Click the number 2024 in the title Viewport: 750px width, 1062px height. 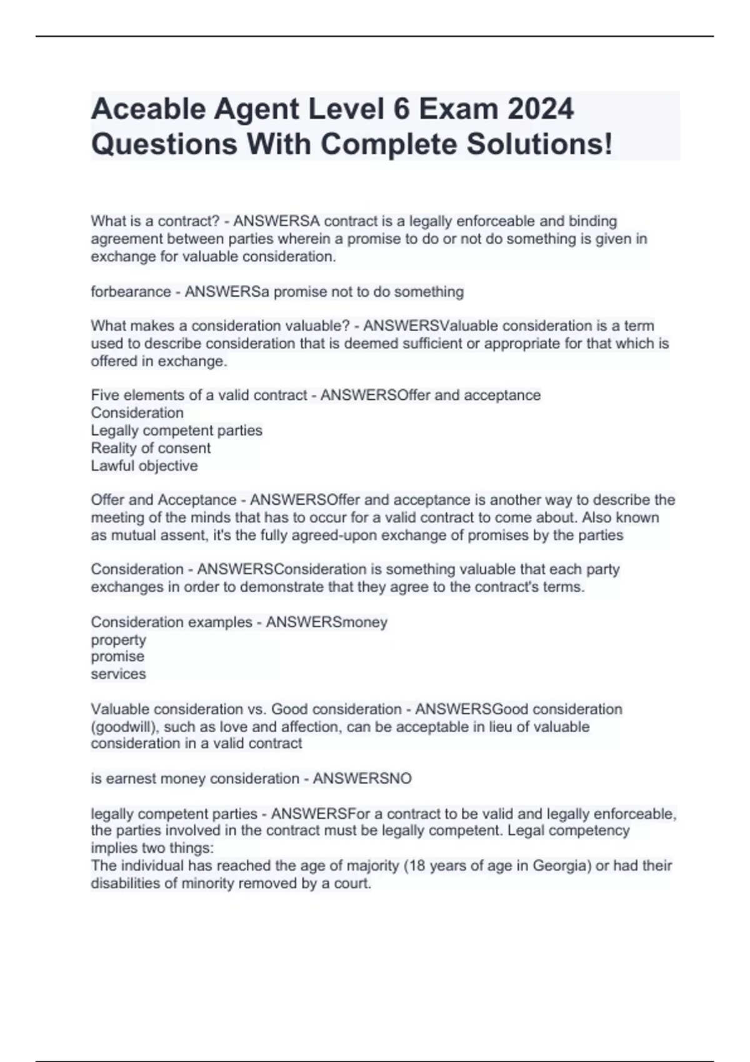540,109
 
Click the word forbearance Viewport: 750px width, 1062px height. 131,292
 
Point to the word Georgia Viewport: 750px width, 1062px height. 559,866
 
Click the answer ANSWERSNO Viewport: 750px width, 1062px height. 362,778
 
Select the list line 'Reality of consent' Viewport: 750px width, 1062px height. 151,448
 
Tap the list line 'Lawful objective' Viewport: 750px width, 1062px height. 144,465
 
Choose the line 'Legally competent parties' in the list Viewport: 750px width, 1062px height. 176,430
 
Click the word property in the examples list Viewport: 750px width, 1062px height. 118,640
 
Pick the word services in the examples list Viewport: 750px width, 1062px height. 118,674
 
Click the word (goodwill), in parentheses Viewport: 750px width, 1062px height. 125,727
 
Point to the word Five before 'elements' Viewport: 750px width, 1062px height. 104,395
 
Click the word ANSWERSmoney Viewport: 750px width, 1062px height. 326,622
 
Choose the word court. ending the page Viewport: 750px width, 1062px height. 353,883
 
